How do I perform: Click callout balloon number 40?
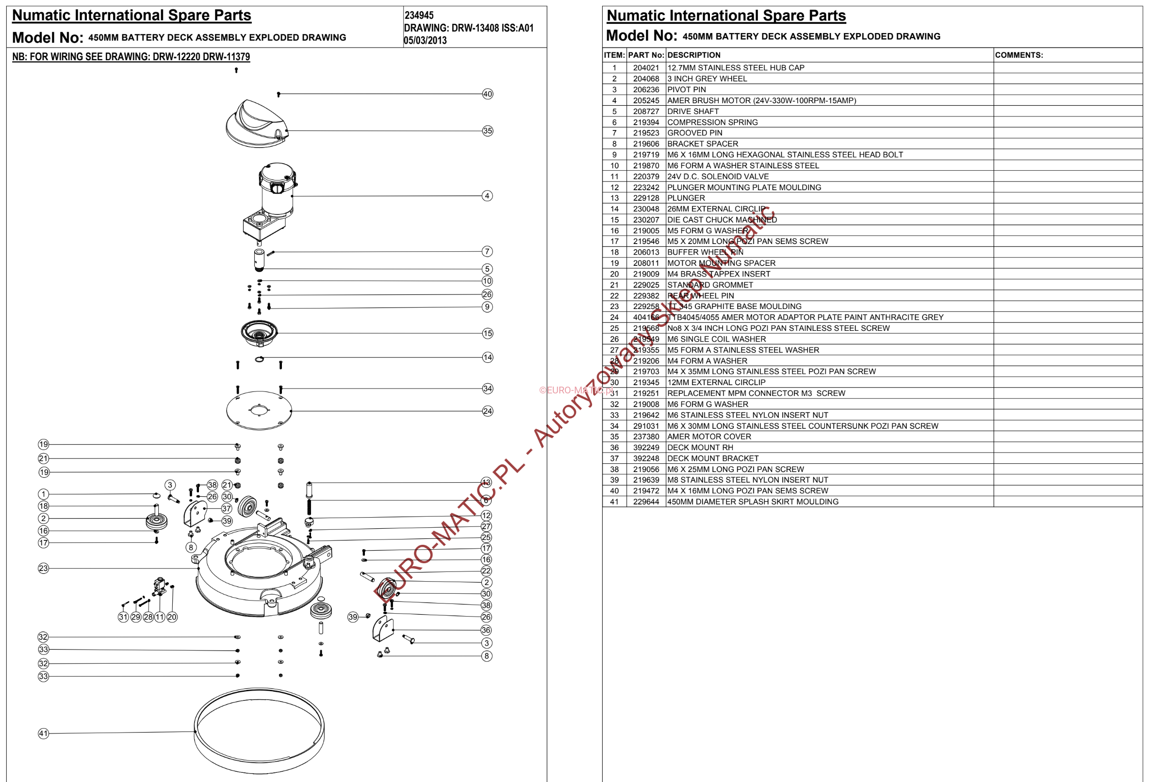click(x=487, y=94)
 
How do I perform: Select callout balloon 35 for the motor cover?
click(x=487, y=131)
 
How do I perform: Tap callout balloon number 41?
click(x=44, y=733)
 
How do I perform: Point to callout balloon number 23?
click(x=44, y=569)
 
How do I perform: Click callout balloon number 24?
click(x=487, y=411)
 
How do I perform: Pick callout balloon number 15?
click(x=487, y=334)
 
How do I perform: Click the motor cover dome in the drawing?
click(x=257, y=124)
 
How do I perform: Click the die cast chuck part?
click(x=259, y=333)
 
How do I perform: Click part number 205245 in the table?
click(x=646, y=100)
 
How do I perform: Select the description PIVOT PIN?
click(x=687, y=90)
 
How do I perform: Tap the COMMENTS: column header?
click(x=1019, y=55)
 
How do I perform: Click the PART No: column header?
click(x=646, y=55)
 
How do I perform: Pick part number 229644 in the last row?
click(x=646, y=502)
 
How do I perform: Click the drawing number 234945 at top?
click(x=419, y=16)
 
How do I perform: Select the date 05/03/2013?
click(x=425, y=41)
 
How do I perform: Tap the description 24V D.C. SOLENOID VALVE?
click(x=718, y=177)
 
